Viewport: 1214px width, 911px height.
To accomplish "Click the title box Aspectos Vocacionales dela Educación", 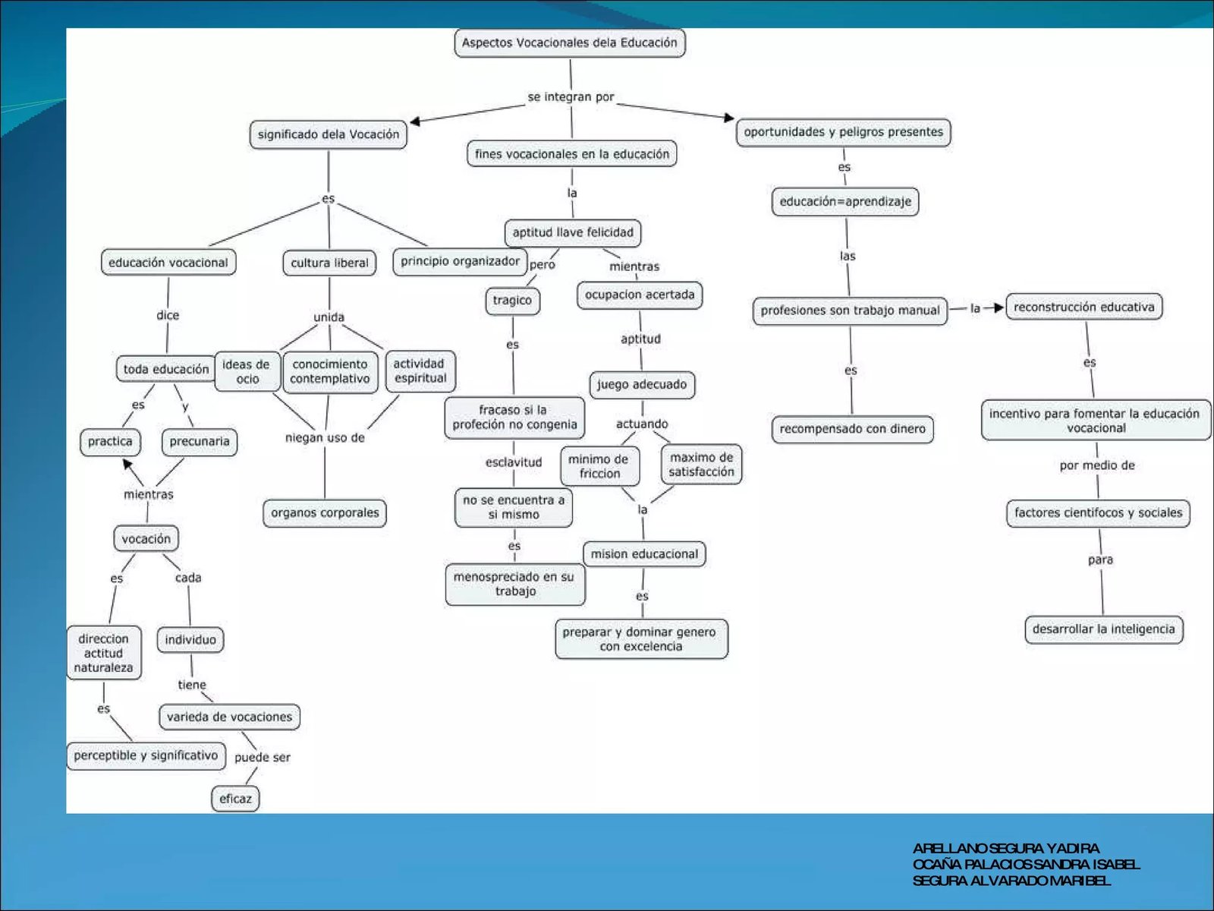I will [x=569, y=43].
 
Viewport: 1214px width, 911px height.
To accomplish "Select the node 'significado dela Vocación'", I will [x=328, y=134].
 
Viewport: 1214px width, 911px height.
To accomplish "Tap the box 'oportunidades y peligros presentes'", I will [x=843, y=132].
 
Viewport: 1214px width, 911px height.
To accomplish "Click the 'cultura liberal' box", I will [x=329, y=263].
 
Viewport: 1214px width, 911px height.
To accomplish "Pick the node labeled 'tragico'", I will [x=512, y=301].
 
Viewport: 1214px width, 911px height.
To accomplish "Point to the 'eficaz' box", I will [x=235, y=799].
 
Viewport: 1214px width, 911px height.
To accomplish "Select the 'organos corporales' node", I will [x=325, y=513].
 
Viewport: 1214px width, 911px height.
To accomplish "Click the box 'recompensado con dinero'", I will [x=852, y=429].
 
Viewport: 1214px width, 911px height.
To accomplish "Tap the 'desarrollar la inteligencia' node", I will [x=1103, y=629].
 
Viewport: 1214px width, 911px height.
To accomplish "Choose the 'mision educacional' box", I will [x=644, y=554].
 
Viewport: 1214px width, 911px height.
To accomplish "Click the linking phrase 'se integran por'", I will [x=571, y=97].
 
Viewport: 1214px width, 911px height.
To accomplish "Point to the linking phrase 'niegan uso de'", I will [x=325, y=438].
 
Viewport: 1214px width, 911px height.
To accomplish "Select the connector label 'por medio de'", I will [x=1097, y=465].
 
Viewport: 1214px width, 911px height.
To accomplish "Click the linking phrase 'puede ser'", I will [x=262, y=758].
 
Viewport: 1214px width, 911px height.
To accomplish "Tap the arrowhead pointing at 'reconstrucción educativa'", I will [x=999, y=308].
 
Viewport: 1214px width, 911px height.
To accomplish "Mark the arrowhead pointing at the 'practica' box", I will [x=128, y=464].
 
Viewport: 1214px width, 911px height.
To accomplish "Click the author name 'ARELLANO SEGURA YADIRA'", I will [x=1005, y=848].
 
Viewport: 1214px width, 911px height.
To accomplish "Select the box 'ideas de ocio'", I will [x=247, y=372].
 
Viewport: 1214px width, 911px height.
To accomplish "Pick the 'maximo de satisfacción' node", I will [x=701, y=465].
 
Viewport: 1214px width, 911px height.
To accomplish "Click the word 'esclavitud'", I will [x=514, y=462].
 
